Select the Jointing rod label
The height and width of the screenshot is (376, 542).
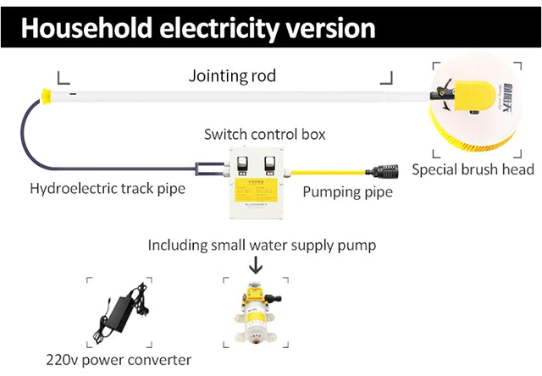point(231,76)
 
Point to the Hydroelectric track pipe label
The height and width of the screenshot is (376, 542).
point(107,188)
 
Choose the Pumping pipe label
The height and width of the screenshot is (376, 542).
point(347,193)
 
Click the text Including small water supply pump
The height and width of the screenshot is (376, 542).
point(262,246)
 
